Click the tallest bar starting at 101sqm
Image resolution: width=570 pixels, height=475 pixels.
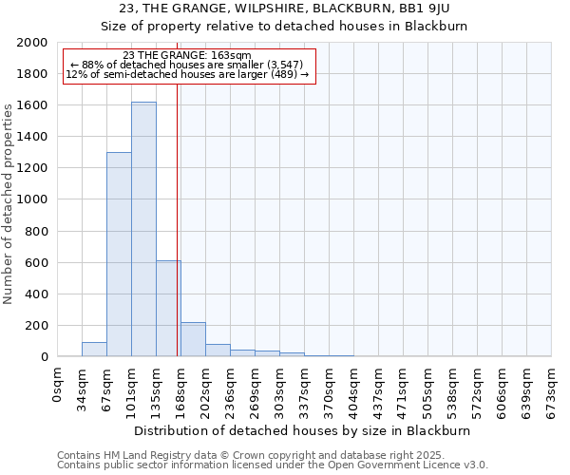click(143, 228)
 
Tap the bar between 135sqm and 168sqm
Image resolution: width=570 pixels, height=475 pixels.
click(168, 308)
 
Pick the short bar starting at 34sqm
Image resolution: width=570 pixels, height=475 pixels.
click(94, 349)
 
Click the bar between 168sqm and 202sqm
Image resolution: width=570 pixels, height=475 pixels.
click(193, 339)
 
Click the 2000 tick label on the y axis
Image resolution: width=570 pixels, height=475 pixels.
click(32, 43)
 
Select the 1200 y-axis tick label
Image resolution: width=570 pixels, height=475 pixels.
click(32, 168)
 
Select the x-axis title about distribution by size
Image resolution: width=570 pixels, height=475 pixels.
click(303, 430)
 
